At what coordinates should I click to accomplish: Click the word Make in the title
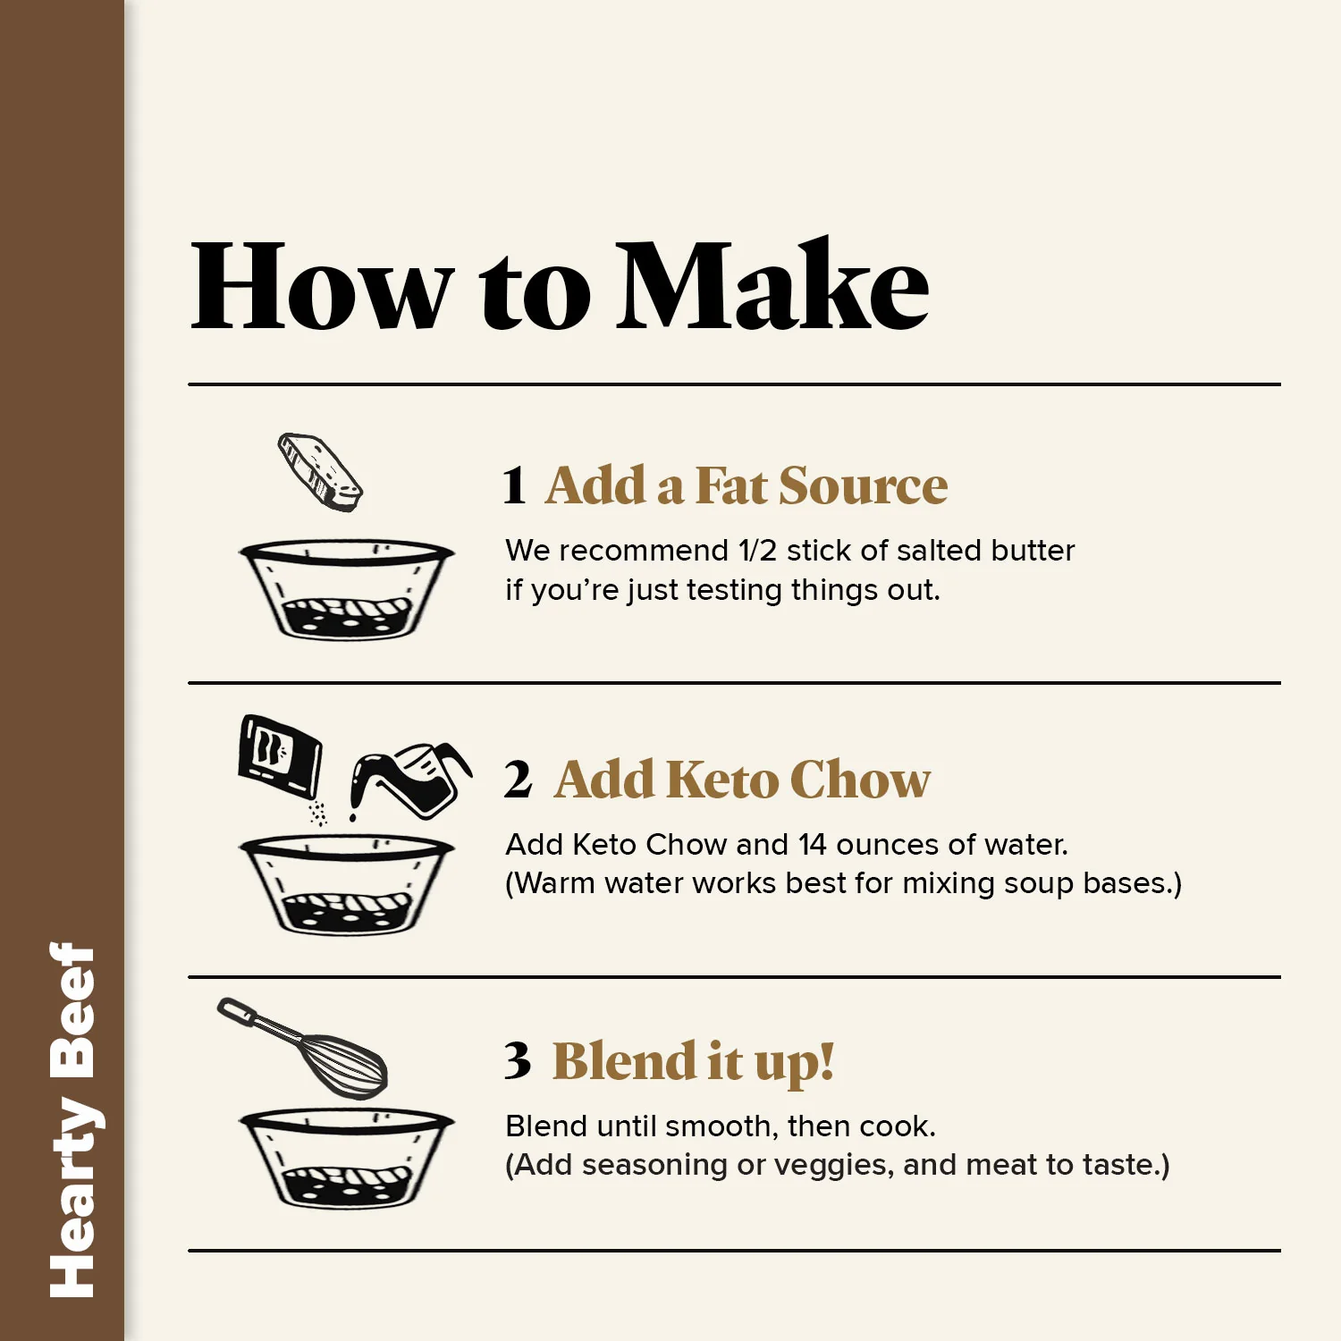[774, 285]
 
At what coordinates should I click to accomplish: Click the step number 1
[514, 486]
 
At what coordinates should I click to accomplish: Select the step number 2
[518, 780]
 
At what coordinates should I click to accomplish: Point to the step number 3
[518, 1061]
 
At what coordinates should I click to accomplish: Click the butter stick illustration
[320, 472]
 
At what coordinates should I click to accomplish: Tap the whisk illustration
[302, 1047]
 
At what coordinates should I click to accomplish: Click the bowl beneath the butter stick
[347, 589]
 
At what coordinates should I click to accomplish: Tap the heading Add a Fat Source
[746, 486]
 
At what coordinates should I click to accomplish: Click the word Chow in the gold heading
[860, 780]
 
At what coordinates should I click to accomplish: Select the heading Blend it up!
[694, 1062]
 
